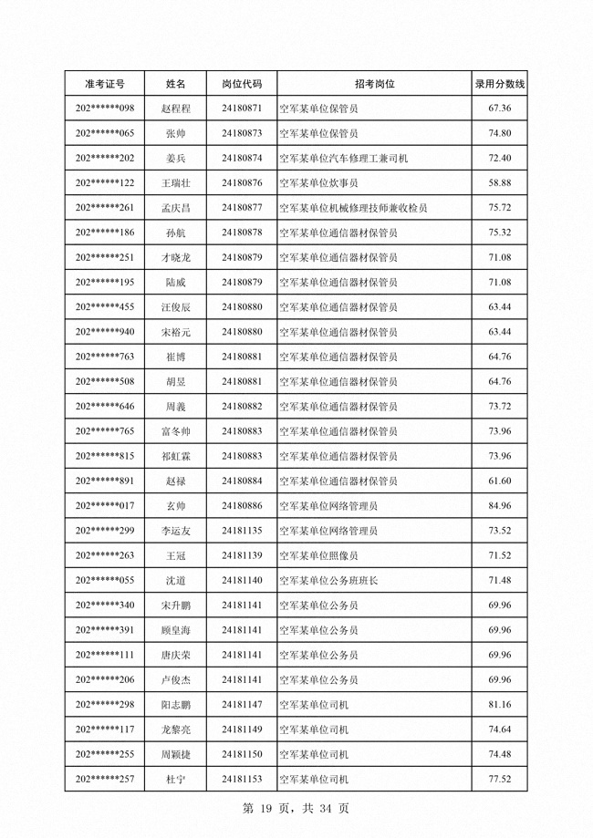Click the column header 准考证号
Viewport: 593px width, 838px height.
point(105,84)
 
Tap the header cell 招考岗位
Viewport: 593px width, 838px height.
point(374,84)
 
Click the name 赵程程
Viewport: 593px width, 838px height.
point(175,109)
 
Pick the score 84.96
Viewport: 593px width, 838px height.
point(499,505)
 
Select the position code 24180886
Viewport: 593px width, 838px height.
point(242,505)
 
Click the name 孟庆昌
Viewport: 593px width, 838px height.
point(175,208)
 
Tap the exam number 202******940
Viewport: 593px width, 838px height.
point(105,332)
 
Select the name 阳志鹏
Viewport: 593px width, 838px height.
point(175,704)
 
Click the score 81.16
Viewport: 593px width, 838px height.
point(499,704)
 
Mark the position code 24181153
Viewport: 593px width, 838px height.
point(242,779)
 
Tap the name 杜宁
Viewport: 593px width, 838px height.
point(175,779)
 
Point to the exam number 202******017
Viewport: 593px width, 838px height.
point(105,505)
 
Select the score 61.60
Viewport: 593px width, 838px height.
point(499,481)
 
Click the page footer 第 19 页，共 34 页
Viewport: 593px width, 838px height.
point(296,808)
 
